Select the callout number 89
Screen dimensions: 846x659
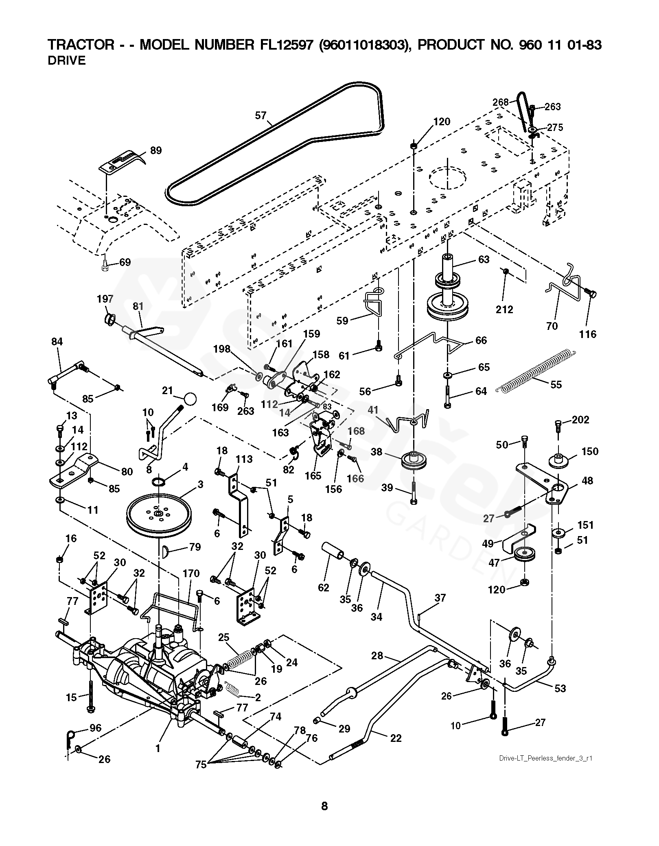click(x=155, y=151)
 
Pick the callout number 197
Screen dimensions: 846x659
click(x=105, y=299)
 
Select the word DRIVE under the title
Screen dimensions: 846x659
click(x=67, y=61)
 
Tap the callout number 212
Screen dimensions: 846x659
click(x=504, y=310)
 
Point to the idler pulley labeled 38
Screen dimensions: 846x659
click(x=413, y=460)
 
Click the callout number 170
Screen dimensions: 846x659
click(x=191, y=573)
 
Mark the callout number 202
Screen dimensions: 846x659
click(x=580, y=419)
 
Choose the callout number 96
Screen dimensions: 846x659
click(x=96, y=728)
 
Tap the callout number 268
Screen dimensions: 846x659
click(x=501, y=102)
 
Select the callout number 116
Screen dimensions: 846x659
click(x=587, y=334)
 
